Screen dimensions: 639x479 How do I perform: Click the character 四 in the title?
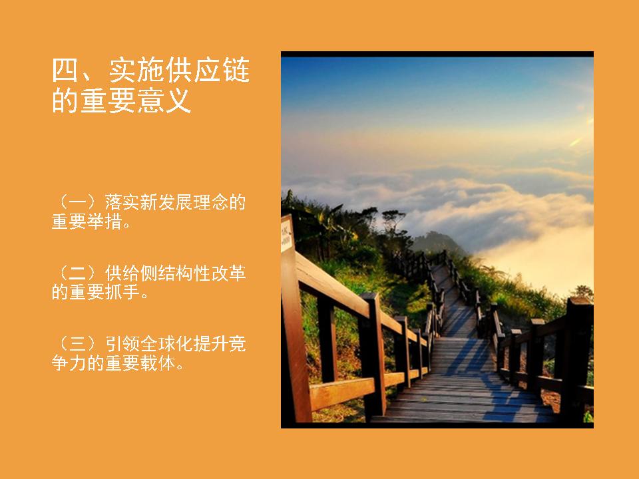(x=65, y=71)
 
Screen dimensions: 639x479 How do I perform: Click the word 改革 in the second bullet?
(x=228, y=273)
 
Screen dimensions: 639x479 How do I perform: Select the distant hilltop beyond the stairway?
(x=437, y=243)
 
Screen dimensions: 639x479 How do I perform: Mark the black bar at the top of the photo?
(x=437, y=54)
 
